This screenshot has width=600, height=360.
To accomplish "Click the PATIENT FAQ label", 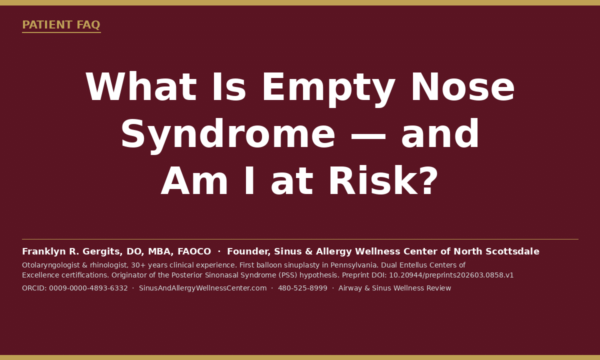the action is [x=61, y=24].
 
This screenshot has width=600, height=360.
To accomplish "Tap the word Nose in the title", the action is [x=462, y=87].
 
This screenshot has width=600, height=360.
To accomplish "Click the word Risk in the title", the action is [x=373, y=180].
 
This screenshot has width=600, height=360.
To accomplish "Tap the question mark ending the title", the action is [x=429, y=180].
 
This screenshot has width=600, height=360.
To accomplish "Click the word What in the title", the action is [x=141, y=87].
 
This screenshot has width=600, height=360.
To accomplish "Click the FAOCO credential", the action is [x=194, y=251].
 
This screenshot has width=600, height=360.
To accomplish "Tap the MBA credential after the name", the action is [x=160, y=251].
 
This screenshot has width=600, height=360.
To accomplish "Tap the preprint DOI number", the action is [x=451, y=275].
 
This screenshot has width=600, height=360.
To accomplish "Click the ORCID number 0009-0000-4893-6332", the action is [x=88, y=288].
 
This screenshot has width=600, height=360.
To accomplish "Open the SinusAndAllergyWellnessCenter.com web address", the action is [x=203, y=288].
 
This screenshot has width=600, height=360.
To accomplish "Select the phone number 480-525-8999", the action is [x=302, y=288].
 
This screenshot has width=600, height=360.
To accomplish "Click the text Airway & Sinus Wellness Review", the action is [x=395, y=288].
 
